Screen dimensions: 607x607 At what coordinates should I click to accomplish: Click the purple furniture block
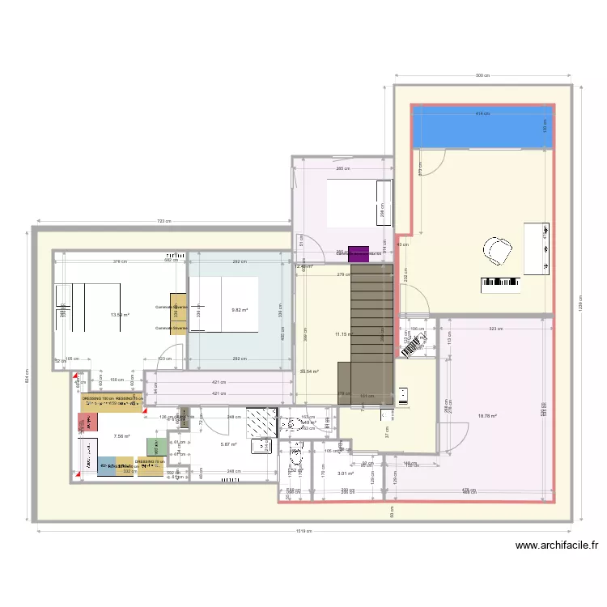pyautogui.click(x=358, y=253)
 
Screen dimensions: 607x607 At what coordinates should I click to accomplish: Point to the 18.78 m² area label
pyautogui.click(x=487, y=417)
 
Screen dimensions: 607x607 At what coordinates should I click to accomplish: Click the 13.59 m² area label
pyautogui.click(x=120, y=316)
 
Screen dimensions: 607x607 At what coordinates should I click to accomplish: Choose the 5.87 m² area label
pyautogui.click(x=229, y=444)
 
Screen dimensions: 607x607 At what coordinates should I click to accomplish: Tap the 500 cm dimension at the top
pyautogui.click(x=482, y=76)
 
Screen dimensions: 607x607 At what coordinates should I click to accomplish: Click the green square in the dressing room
pyautogui.click(x=152, y=446)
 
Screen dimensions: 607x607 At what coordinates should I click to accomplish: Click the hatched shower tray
pyautogui.click(x=261, y=422)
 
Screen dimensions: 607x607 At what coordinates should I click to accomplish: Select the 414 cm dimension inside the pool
pyautogui.click(x=482, y=114)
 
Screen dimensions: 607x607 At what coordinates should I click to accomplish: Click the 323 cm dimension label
pyautogui.click(x=495, y=329)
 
